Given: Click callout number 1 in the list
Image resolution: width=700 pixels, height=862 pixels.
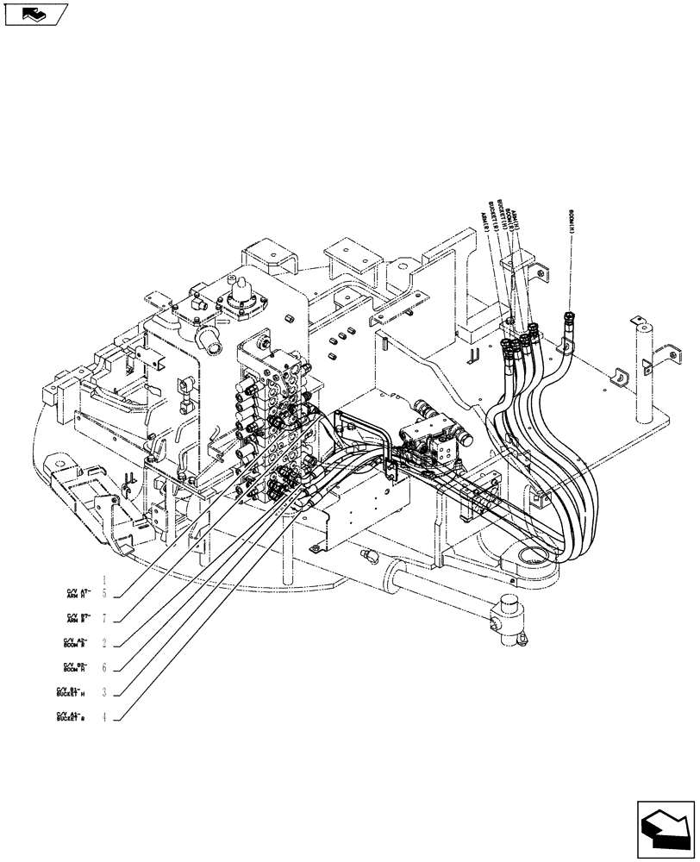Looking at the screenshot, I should (x=104, y=580).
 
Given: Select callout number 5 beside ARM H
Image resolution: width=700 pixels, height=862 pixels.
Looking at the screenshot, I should (x=104, y=594).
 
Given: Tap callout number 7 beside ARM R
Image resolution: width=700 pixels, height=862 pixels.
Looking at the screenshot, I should (x=104, y=618).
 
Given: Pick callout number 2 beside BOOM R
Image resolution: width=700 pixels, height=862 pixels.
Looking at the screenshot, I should (x=104, y=643).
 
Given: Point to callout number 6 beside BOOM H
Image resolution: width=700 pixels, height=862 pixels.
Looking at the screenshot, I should (x=104, y=667).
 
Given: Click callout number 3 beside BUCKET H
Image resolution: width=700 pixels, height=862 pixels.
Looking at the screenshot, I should (x=104, y=692).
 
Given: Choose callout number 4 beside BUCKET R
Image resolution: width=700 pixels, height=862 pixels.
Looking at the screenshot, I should (x=104, y=716).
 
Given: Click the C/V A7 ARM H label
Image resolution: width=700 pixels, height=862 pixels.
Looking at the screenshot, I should (x=78, y=594).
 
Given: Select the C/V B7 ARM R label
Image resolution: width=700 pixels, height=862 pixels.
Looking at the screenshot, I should (x=78, y=618).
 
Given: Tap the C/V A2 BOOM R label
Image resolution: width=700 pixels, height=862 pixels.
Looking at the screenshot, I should (x=76, y=643).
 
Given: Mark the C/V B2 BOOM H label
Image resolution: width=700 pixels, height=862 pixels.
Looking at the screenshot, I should (x=76, y=667).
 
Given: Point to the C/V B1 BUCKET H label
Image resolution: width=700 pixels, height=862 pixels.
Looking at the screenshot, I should (x=71, y=692).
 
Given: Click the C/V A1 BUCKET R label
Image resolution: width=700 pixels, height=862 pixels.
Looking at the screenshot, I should (x=71, y=716).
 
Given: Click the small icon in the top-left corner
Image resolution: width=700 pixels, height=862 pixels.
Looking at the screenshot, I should (x=34, y=15).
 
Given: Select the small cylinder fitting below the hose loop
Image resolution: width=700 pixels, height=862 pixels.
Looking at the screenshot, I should (x=507, y=620).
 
